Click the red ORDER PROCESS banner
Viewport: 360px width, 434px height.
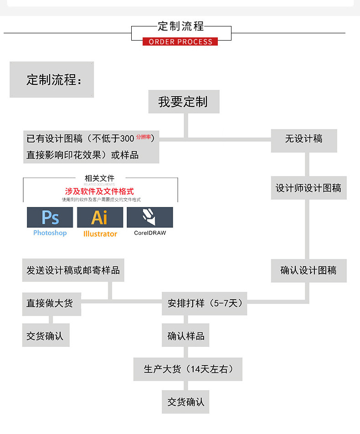(180, 41)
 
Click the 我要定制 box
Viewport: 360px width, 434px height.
(184, 102)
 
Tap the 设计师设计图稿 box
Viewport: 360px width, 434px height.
(309, 188)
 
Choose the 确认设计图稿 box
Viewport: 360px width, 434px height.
(309, 270)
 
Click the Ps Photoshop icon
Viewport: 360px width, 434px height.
(50, 217)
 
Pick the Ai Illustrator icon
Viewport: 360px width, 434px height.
(100, 217)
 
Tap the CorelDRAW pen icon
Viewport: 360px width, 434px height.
(150, 217)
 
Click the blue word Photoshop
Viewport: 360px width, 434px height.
(50, 233)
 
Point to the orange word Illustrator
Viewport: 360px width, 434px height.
(100, 234)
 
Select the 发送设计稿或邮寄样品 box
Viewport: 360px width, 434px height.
(73, 270)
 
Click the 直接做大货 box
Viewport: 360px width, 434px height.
(51, 304)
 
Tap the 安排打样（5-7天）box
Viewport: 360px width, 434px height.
(205, 304)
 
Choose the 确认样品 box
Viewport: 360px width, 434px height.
(186, 336)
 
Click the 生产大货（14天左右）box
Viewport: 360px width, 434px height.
(188, 369)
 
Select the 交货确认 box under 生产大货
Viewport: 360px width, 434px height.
(186, 402)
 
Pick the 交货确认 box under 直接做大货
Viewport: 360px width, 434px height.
(45, 336)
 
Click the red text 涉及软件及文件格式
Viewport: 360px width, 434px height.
(100, 191)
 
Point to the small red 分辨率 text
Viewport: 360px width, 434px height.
(143, 137)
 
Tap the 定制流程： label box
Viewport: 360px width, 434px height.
(51, 80)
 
